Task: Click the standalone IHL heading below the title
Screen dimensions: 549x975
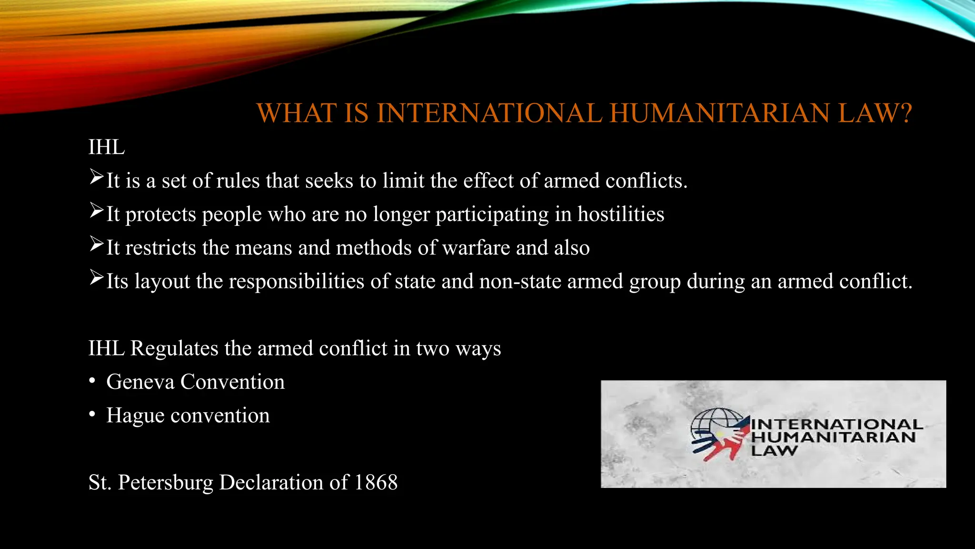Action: coord(107,147)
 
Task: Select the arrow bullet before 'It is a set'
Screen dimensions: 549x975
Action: coord(96,177)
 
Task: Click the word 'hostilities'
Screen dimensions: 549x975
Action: coord(621,214)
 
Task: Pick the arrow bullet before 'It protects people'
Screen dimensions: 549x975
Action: coord(96,211)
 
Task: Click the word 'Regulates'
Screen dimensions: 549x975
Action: coord(174,348)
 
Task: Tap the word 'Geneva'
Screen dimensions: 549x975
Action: coord(140,382)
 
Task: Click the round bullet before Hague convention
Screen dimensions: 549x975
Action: coord(92,415)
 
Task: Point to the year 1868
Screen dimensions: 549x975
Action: coord(376,482)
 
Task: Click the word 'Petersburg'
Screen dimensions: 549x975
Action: coord(166,483)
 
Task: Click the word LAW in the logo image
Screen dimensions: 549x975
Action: coord(774,450)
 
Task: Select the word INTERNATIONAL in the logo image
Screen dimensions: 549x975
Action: coord(836,424)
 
